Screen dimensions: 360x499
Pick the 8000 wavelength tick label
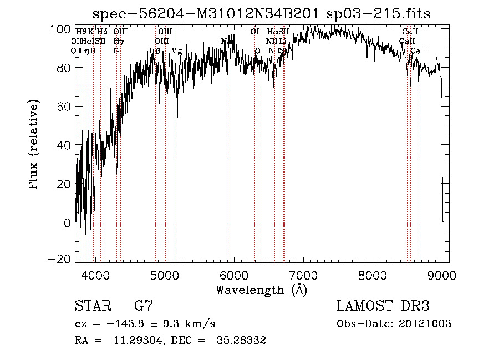click(x=372, y=273)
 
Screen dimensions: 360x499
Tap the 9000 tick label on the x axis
click(x=442, y=273)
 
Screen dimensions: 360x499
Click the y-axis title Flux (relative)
click(x=34, y=145)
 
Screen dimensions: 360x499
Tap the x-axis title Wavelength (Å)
click(x=262, y=290)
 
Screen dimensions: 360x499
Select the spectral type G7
click(x=144, y=306)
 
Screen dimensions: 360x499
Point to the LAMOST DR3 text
click(x=383, y=306)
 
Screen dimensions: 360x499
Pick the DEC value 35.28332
click(x=241, y=341)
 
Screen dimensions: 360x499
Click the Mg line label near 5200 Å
click(x=176, y=51)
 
